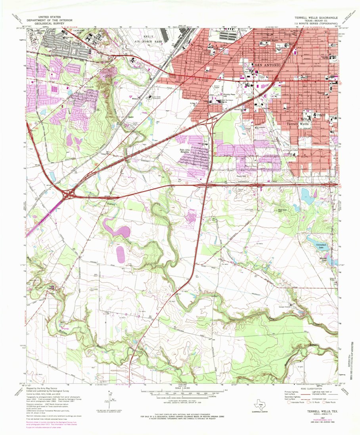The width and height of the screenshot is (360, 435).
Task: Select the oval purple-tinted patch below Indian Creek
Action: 121,254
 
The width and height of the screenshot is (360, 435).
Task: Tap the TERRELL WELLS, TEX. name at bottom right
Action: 321,412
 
